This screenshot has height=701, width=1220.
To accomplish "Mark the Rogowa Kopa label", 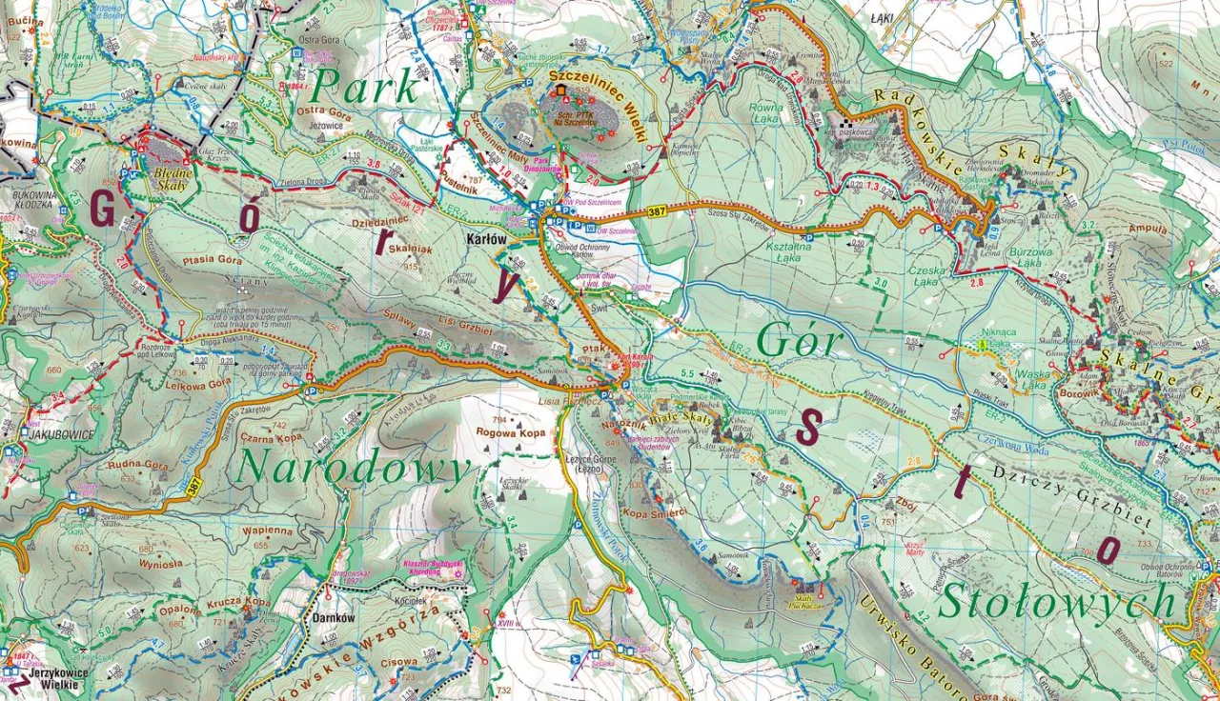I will [511, 432].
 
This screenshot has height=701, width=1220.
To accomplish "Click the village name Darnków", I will [334, 616].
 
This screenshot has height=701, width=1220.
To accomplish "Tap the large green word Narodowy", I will [354, 469].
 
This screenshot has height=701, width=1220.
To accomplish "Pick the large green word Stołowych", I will [1057, 603].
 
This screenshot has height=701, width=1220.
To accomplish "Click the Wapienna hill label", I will [267, 531].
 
